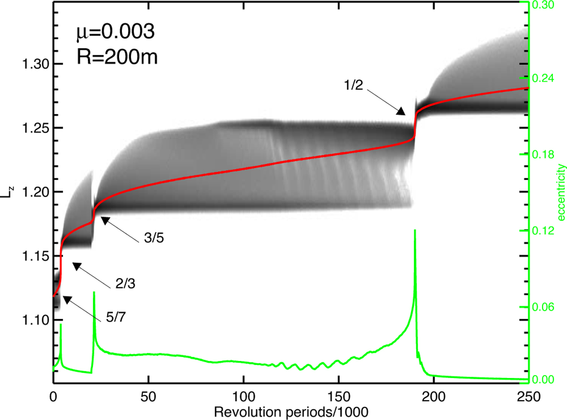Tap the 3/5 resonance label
[x=152, y=239]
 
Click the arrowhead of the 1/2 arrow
[x=401, y=112]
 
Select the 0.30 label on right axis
[x=547, y=4]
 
